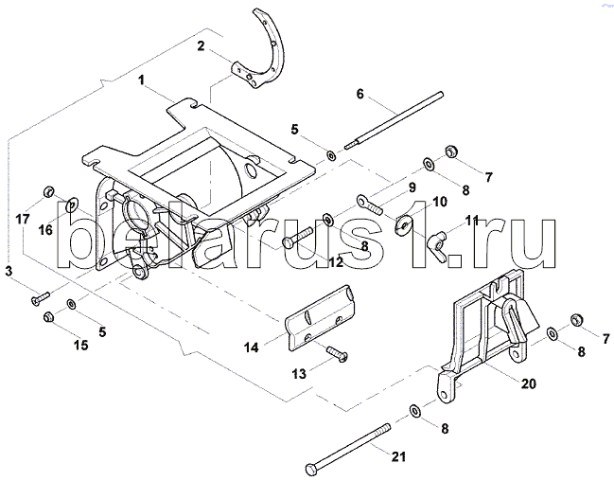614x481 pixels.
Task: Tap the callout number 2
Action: (x=202, y=45)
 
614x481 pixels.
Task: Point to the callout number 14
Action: (x=251, y=347)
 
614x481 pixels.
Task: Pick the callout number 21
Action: (x=398, y=458)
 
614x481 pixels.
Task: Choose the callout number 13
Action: (x=298, y=374)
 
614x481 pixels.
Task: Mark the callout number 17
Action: (x=22, y=219)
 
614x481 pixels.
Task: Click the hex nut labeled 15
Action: (x=49, y=317)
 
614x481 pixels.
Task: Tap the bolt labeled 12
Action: (x=302, y=236)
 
